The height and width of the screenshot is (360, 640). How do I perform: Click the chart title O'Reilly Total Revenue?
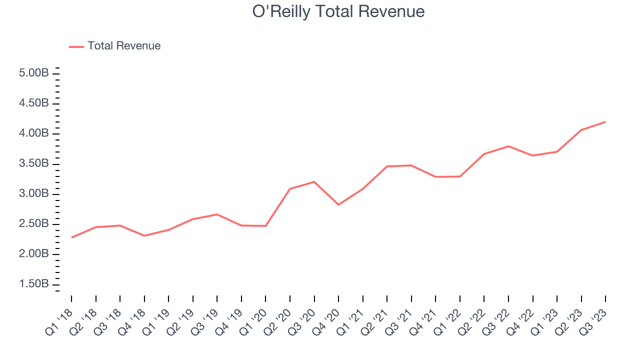pyautogui.click(x=338, y=11)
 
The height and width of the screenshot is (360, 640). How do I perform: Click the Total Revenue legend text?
pyautogui.click(x=124, y=46)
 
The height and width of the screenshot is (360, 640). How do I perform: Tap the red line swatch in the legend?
pyautogui.click(x=76, y=46)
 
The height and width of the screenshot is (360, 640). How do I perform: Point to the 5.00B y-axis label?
pyautogui.click(x=34, y=73)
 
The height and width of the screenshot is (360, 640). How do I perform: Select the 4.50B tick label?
pyautogui.click(x=34, y=103)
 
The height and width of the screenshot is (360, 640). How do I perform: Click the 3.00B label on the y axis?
pyautogui.click(x=34, y=194)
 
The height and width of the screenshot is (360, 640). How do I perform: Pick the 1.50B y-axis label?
pyautogui.click(x=34, y=284)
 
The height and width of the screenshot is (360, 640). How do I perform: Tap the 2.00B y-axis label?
pyautogui.click(x=34, y=254)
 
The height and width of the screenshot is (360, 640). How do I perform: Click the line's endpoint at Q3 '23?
pyautogui.click(x=605, y=121)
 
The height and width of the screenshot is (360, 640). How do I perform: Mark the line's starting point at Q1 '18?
pyautogui.click(x=71, y=237)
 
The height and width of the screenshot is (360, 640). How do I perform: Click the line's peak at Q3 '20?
pyautogui.click(x=314, y=181)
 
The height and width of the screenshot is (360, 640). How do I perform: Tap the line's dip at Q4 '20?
pyautogui.click(x=338, y=204)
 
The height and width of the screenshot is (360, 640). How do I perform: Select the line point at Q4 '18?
pyautogui.click(x=144, y=235)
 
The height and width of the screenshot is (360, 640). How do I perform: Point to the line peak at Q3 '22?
pyautogui.click(x=508, y=146)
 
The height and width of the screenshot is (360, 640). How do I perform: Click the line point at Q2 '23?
pyautogui.click(x=581, y=130)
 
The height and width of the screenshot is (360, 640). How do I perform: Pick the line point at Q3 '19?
pyautogui.click(x=217, y=214)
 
